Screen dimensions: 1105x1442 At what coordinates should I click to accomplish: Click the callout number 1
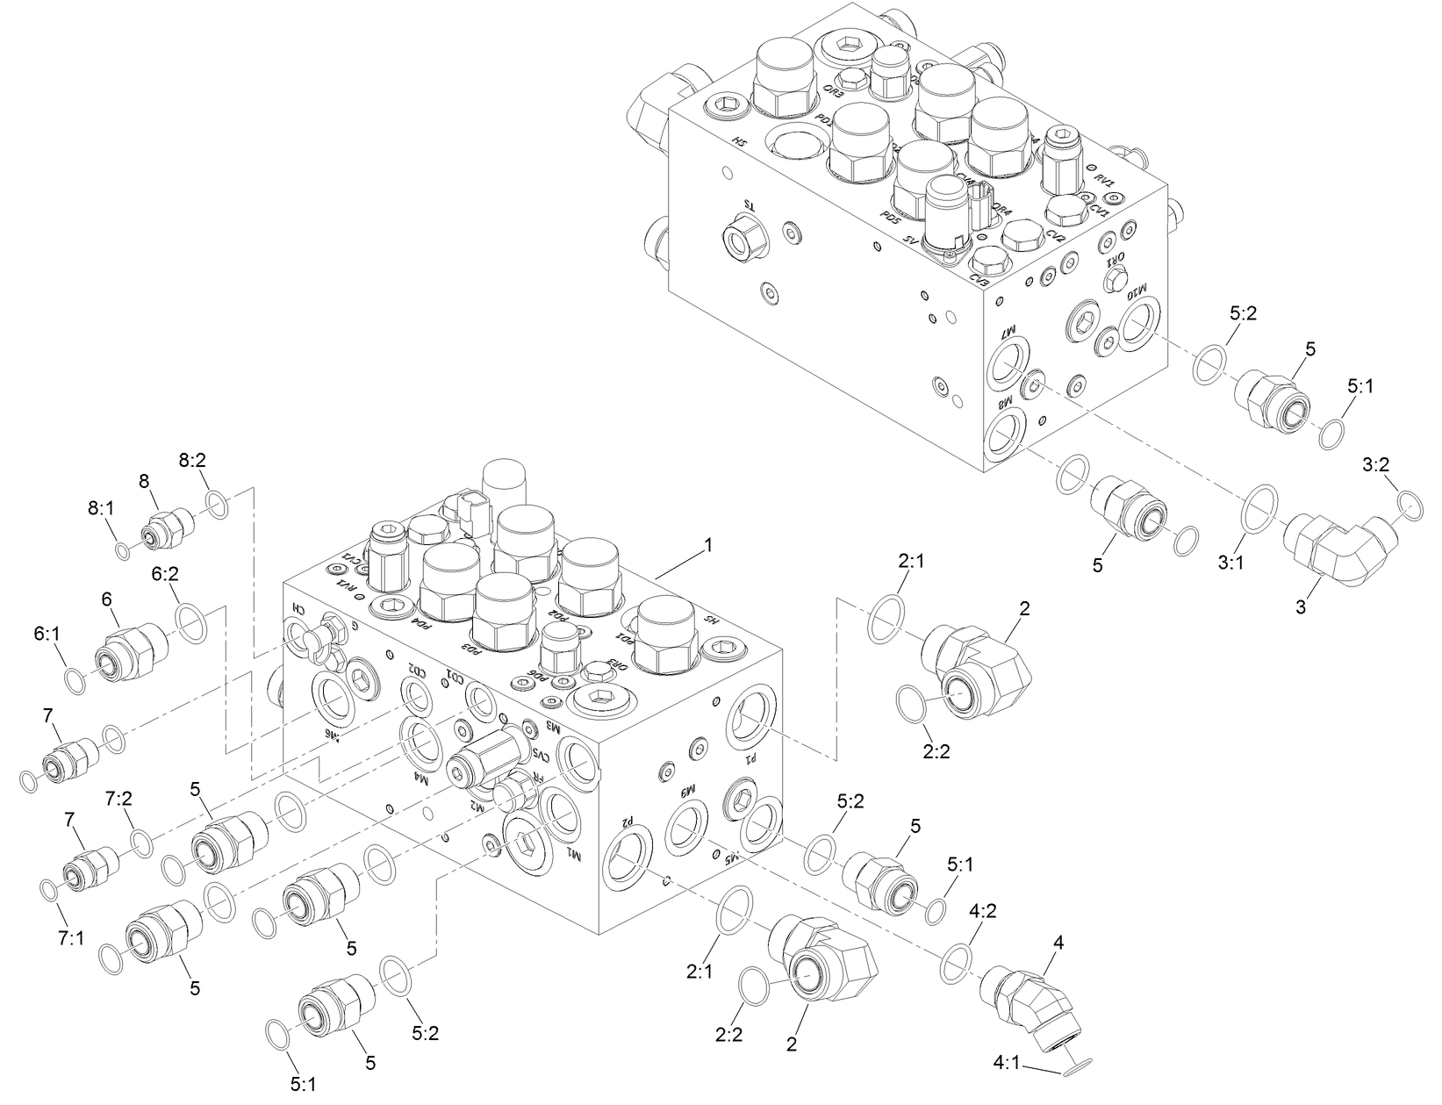(x=707, y=545)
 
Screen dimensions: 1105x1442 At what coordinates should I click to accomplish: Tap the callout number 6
(x=107, y=599)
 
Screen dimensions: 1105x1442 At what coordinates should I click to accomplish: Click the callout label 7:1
(x=71, y=938)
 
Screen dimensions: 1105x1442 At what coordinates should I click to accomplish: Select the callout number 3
(x=1301, y=606)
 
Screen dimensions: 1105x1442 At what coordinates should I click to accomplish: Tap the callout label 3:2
(x=1375, y=466)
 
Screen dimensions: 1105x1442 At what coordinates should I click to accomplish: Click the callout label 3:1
(x=1230, y=562)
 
